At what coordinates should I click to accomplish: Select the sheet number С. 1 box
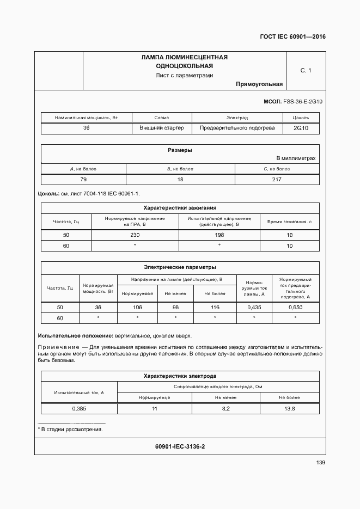306,70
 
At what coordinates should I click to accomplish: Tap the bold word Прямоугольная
259,84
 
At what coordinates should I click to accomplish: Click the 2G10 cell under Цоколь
301,128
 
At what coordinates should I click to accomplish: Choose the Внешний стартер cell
161,128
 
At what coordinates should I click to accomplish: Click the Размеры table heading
180,150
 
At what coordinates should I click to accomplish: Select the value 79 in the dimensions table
83,180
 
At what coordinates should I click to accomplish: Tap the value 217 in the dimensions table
277,180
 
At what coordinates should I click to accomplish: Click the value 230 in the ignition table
135,235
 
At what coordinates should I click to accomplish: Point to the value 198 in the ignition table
219,235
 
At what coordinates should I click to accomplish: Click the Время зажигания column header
289,222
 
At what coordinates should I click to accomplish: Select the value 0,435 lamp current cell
254,308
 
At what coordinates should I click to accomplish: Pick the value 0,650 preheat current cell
295,308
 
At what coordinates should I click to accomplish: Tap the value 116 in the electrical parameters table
215,308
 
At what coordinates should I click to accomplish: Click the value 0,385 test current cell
79,409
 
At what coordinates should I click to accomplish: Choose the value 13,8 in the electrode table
290,409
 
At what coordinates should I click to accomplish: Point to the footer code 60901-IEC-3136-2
180,446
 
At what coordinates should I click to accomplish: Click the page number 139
320,463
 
